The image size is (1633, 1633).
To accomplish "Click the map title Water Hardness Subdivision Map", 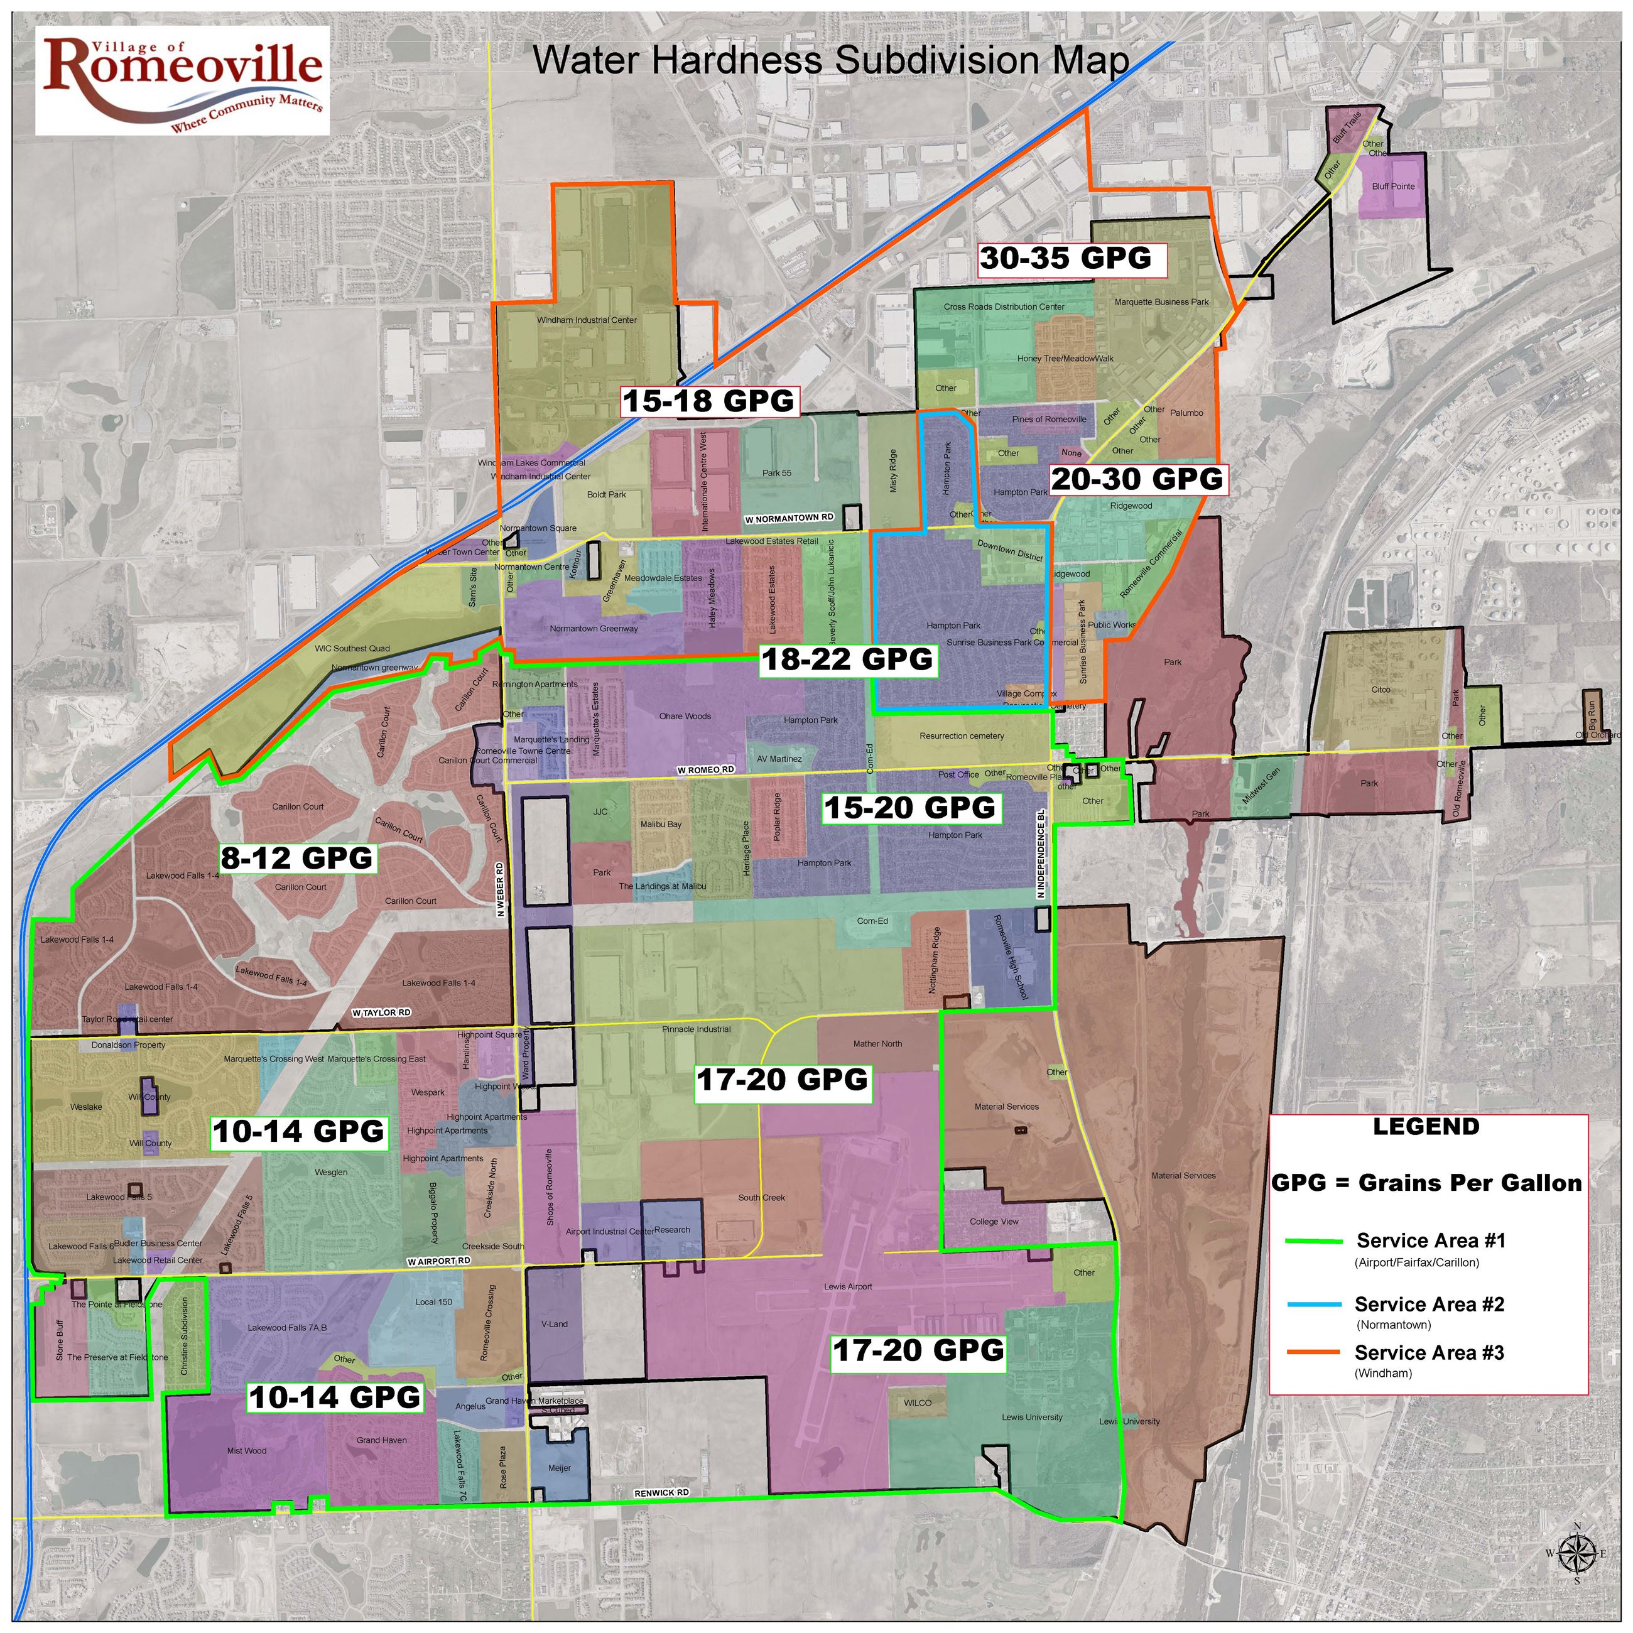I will pos(830,60).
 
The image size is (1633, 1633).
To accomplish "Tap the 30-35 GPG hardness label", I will pos(1065,258).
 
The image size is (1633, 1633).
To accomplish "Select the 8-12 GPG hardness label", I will pos(296,858).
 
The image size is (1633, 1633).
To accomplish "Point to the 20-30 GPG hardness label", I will pos(1137,479).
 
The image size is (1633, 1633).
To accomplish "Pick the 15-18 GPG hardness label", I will pos(708,400).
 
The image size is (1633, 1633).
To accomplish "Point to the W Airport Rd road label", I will pos(438,1261).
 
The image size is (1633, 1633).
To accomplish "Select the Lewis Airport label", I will pos(848,1286).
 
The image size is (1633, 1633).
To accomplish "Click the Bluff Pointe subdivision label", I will pos(1393,187).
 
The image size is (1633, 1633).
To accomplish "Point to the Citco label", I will pos(1381,690).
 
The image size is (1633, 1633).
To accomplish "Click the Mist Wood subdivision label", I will pos(247,1450).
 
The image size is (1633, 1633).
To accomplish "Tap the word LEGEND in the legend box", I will pos(1426,1127).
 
